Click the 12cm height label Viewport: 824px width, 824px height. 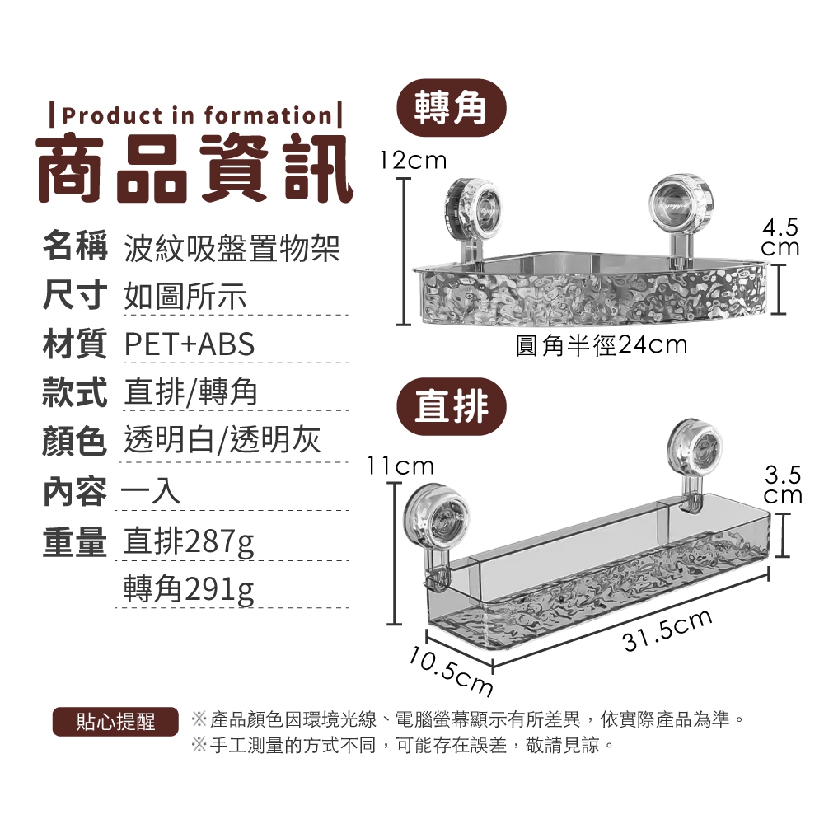413,161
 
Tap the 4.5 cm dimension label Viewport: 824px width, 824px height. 780,237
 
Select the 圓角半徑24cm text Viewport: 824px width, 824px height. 602,345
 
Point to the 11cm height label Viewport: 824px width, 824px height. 400,466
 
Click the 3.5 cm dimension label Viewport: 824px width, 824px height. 783,485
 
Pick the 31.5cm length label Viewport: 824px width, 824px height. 667,630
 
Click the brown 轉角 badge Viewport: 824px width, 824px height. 451,108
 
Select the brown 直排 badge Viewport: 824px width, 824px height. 451,406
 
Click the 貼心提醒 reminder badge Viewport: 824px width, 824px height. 115,722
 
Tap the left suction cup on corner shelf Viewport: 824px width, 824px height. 471,204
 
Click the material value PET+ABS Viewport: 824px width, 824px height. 190,344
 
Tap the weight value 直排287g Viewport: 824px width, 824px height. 188,542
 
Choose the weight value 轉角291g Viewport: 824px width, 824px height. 188,589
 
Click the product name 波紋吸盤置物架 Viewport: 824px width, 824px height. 232,249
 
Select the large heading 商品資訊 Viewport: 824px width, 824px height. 194,167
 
